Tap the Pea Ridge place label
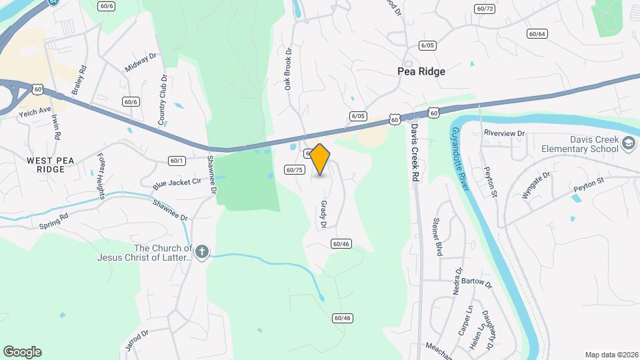[x=421, y=71]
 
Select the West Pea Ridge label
[x=46, y=165]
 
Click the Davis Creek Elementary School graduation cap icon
[x=628, y=143]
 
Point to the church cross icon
[x=202, y=252]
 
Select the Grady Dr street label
[x=323, y=215]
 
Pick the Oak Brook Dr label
[x=289, y=69]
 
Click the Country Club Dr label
[x=161, y=100]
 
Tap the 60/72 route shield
[x=485, y=9]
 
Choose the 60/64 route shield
[x=537, y=33]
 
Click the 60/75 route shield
[x=295, y=170]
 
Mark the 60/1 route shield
[x=177, y=160]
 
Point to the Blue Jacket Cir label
[x=177, y=181]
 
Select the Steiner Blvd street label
[x=438, y=237]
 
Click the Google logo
[x=22, y=352]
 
